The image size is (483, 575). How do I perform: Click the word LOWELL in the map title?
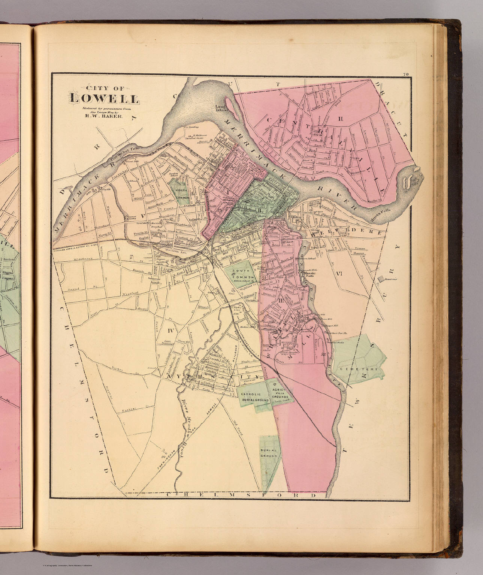click(x=104, y=100)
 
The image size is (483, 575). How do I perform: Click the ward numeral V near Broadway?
click(x=142, y=215)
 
